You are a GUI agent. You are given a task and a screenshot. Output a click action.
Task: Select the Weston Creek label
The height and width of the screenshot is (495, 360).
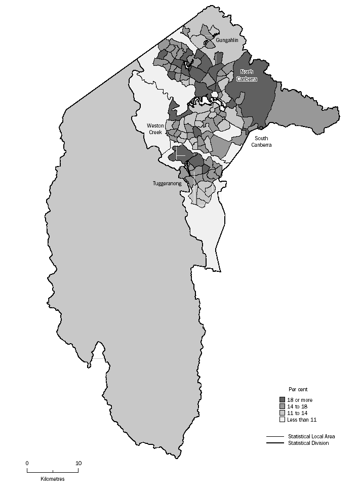coord(155,129)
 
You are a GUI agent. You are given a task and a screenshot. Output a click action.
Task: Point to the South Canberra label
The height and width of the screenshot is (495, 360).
coord(261,141)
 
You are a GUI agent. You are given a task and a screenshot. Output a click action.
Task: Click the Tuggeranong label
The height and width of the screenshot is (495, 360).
coord(167,184)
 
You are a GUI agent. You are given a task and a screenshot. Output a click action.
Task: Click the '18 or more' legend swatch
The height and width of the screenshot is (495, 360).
coord(283,400)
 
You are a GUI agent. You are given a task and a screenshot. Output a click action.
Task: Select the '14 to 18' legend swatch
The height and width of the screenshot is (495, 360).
coord(283,406)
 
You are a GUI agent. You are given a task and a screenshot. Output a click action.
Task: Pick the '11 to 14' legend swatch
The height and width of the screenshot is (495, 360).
coord(283,413)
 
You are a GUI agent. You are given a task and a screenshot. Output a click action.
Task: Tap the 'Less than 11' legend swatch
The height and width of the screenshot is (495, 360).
coord(283,420)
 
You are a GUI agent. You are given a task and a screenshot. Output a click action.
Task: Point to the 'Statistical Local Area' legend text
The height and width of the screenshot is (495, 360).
coord(311,436)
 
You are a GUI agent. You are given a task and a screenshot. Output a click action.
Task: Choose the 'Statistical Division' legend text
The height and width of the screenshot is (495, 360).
coord(308,443)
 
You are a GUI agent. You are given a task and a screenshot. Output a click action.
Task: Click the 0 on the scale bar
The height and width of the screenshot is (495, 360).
coord(27,463)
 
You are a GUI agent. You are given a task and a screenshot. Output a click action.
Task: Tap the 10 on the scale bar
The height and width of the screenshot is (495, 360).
coord(78,463)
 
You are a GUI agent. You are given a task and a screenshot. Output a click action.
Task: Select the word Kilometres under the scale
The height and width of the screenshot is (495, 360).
coord(53,479)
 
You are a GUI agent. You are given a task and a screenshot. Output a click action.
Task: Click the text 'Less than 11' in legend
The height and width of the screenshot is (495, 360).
coord(302,420)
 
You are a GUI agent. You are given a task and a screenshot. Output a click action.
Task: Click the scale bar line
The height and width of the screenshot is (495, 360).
coord(53,471)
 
